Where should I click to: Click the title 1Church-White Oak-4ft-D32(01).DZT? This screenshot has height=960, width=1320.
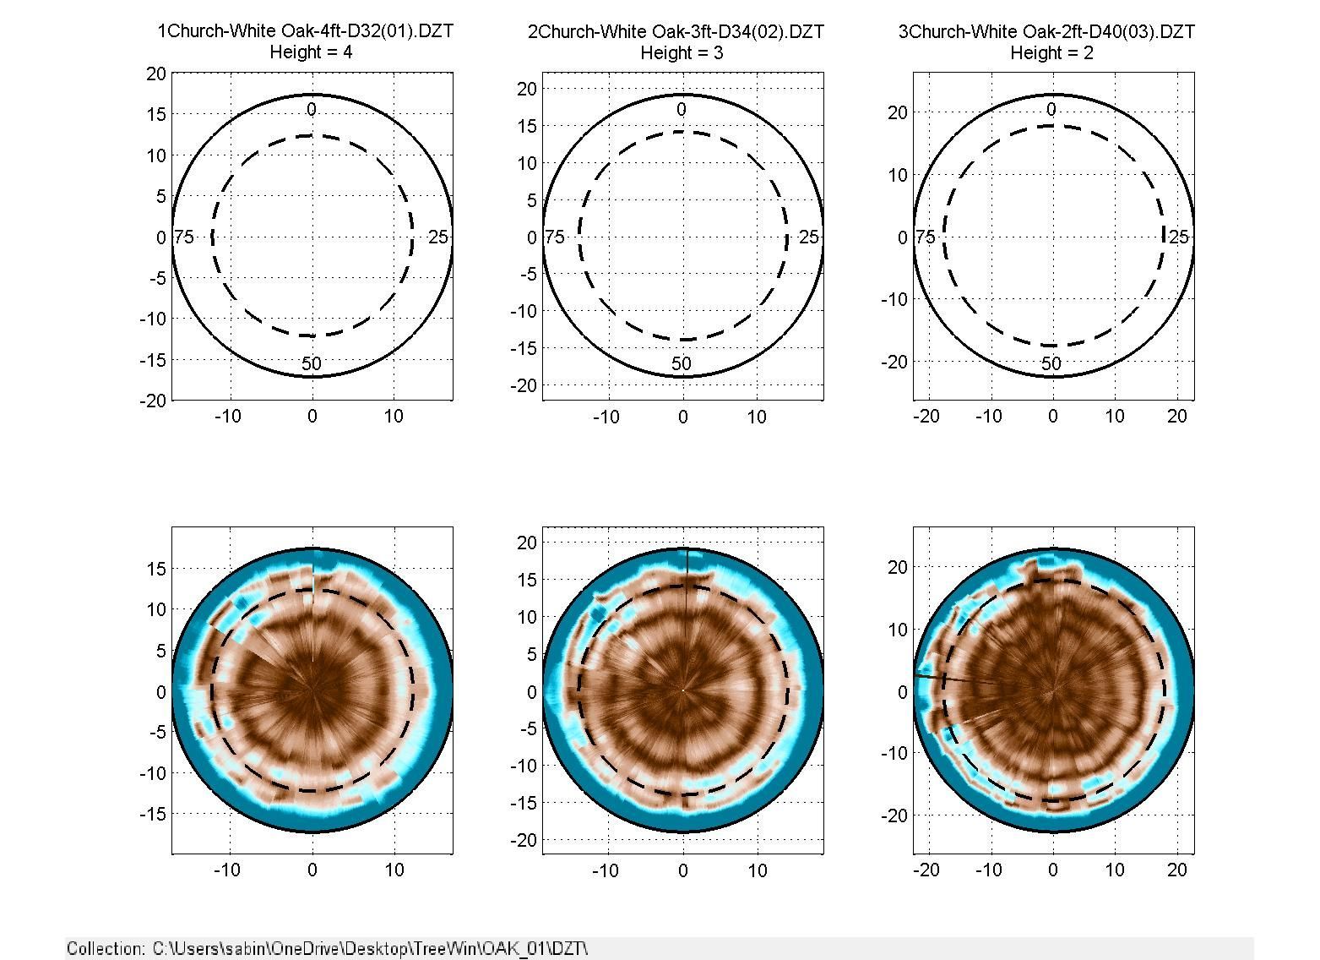(305, 31)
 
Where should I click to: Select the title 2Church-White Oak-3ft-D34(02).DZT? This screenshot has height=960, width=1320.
(676, 31)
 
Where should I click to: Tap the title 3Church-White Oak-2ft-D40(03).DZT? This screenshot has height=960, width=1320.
(1046, 31)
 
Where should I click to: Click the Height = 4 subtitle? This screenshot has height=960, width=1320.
(311, 52)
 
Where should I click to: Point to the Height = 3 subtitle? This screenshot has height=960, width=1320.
(682, 53)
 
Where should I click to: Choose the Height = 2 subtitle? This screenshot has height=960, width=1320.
(1052, 53)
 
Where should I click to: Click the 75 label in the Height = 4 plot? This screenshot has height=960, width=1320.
(184, 237)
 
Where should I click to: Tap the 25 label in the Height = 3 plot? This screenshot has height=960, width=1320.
(808, 237)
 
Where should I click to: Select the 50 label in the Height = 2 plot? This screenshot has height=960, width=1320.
(1051, 363)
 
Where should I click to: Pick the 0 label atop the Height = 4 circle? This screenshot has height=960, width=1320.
(311, 109)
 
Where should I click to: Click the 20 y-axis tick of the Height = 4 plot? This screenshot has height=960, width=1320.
(156, 74)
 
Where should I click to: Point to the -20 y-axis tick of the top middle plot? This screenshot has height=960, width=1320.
(524, 385)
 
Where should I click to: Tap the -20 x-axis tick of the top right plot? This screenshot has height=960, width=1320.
(926, 417)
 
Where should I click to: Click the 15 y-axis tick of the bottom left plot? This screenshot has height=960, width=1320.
(156, 569)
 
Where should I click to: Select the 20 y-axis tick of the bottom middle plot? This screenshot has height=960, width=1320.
(527, 543)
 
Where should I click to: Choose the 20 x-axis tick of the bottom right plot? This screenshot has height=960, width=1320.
(1176, 870)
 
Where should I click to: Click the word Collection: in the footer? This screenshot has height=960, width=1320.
(105, 948)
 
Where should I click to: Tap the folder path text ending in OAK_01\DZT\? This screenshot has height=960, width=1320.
(370, 948)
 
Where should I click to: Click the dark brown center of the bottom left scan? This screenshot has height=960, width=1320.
(312, 689)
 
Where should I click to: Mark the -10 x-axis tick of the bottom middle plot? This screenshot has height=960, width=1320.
(606, 870)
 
